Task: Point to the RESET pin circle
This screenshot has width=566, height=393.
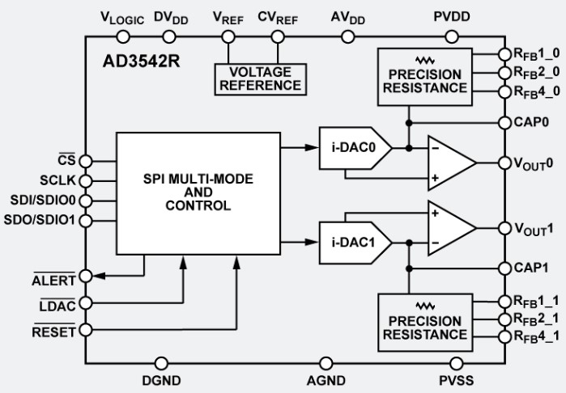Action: click(x=86, y=330)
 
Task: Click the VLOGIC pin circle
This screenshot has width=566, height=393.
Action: click(x=123, y=36)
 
